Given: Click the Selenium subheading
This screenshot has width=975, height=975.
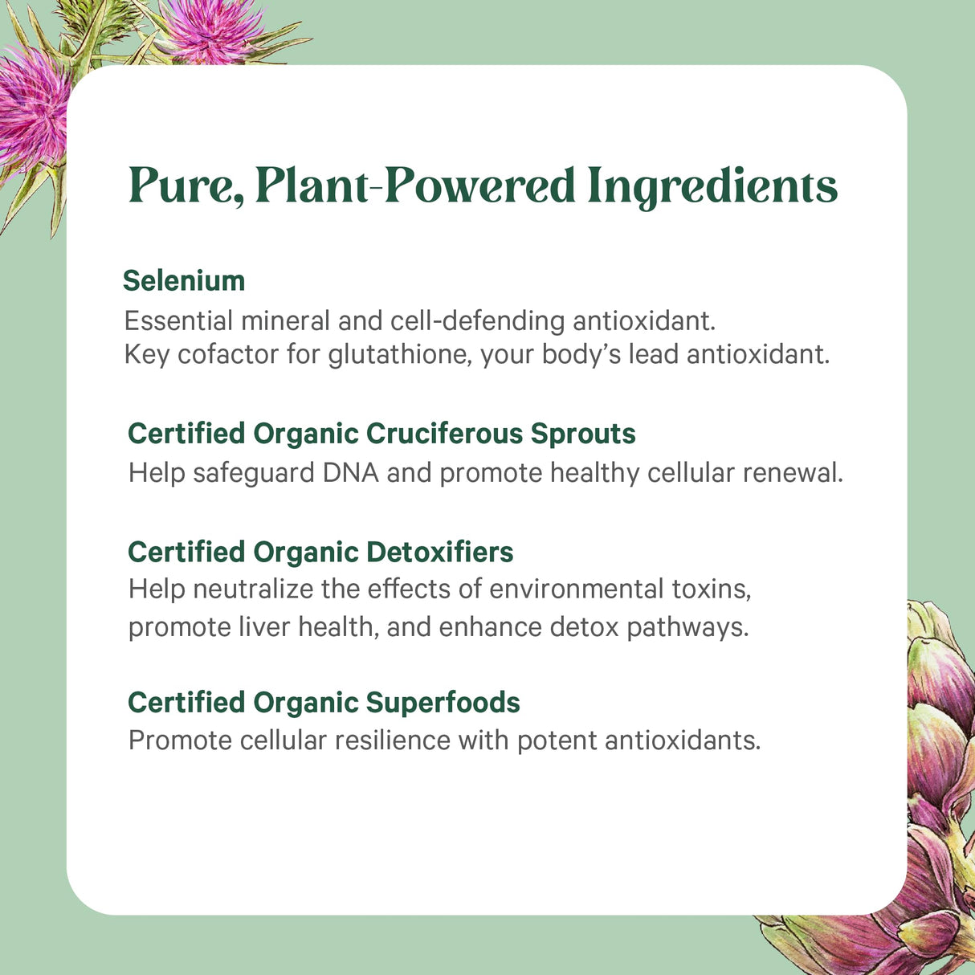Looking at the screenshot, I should pos(184,280).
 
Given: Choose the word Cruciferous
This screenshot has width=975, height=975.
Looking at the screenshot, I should pos(444,434).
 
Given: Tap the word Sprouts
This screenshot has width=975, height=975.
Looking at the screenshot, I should pos(583,434).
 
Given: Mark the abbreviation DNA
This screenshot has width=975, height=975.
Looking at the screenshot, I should pos(351,472).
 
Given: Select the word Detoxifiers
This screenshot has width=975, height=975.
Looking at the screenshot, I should pos(439,552).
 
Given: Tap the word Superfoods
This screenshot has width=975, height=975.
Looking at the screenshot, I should pos(443,703).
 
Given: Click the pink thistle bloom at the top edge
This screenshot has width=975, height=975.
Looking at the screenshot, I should pos(213,28).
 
